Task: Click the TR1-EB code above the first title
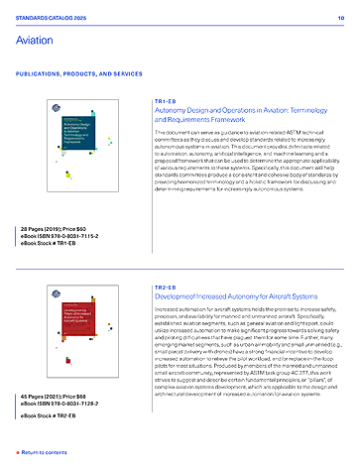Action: [x=166, y=101]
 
